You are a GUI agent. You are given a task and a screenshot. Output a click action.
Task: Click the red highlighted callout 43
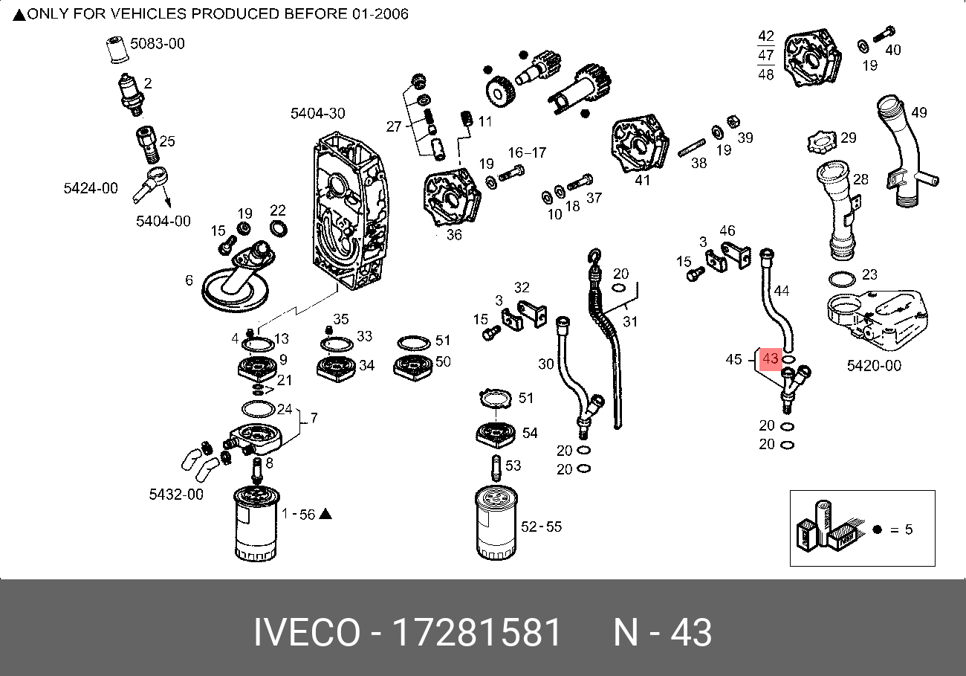coord(771,359)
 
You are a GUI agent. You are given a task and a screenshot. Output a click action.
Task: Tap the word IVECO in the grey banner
coord(305,633)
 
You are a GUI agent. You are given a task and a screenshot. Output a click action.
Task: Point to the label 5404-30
coord(317,113)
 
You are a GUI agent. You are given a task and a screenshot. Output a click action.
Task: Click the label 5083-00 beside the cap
coord(158,44)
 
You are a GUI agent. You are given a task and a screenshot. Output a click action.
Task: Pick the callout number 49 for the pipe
coord(919,113)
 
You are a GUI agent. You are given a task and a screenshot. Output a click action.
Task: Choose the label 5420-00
coord(874,365)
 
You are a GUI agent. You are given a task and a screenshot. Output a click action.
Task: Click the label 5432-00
coord(176,494)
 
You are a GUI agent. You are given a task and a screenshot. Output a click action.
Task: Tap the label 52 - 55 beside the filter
coord(541,527)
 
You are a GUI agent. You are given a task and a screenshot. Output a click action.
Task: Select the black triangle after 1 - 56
coord(325,514)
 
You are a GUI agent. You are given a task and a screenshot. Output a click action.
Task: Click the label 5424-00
coord(90,188)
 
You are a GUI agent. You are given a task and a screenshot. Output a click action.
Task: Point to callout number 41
coord(642,179)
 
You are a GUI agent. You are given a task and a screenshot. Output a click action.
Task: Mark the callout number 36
coord(454,235)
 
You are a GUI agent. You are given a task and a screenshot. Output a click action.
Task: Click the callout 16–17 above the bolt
coord(527,152)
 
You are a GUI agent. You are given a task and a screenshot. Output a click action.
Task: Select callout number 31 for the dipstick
coord(630,321)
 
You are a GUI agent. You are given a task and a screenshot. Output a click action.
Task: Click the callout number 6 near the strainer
coord(189,280)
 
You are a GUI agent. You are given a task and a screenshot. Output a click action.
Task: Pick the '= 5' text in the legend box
coord(901,529)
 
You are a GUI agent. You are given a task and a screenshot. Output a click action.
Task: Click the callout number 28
coord(860,179)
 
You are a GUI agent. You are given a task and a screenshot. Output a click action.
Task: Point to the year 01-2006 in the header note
coord(379,14)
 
